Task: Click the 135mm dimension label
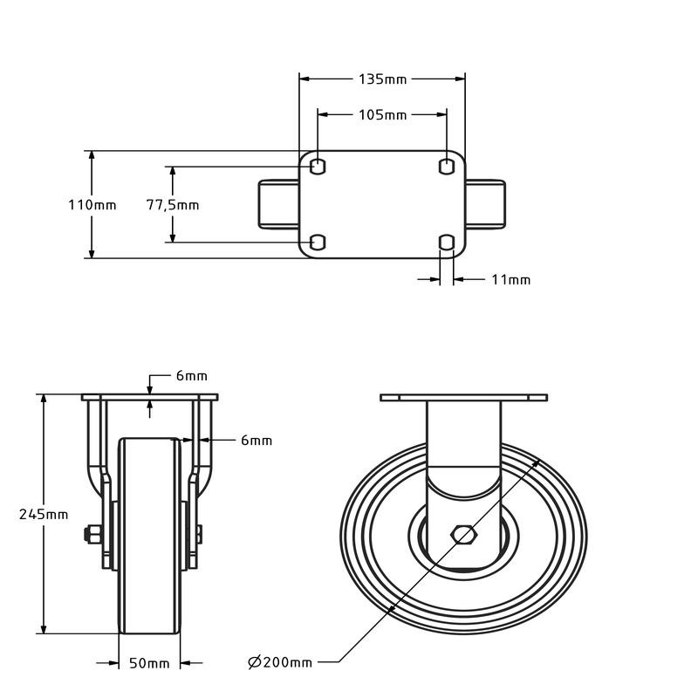382,79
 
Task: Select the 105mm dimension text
382,114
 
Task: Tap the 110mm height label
92,205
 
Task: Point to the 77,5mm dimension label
172,206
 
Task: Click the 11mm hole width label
510,280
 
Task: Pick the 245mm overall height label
43,514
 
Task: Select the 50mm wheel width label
149,664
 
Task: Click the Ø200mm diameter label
279,663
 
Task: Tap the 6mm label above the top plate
191,376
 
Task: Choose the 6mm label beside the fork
257,441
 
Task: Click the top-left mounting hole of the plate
318,166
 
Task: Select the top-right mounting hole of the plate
447,166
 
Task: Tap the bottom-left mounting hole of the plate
318,242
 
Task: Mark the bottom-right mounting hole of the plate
447,242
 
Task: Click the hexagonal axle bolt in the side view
463,534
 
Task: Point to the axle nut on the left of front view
91,534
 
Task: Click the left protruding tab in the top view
279,205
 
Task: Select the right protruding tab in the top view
485,205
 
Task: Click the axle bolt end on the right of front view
200,534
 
